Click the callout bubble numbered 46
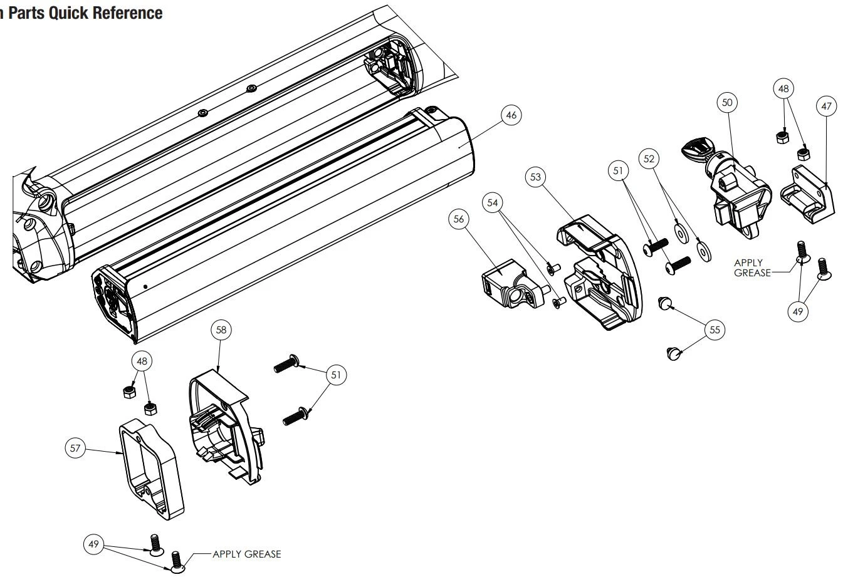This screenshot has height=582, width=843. pos(511,115)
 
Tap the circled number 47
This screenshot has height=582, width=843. pos(826,107)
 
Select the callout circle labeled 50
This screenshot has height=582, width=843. pos(727,102)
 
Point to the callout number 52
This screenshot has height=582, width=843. pos(649,159)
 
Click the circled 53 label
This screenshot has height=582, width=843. pos(535,177)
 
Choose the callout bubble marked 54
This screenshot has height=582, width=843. pos(493,203)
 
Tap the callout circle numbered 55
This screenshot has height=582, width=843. pos(715,330)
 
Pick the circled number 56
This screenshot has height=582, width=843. pos(459,219)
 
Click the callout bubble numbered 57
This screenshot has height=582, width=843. pos(75,447)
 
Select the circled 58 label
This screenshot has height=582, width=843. pos(222,330)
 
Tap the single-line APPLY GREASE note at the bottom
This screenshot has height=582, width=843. pos(247,554)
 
